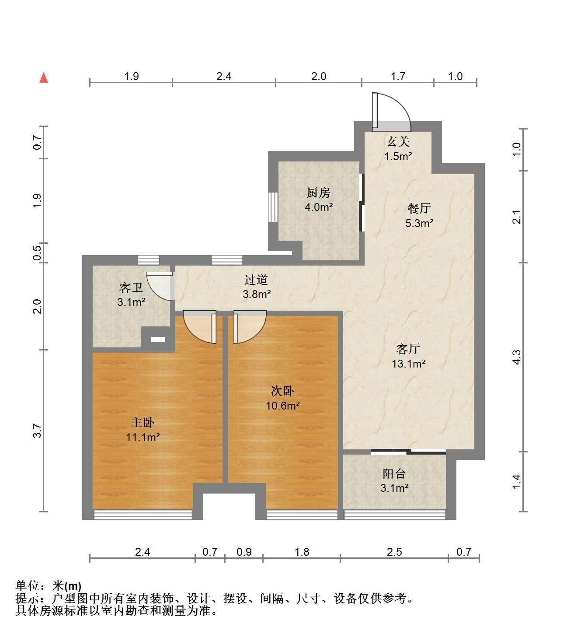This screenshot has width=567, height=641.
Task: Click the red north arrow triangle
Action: [x=44, y=78]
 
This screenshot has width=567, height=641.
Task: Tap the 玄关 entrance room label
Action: [x=398, y=141]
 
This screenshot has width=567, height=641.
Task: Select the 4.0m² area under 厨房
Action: [x=319, y=207]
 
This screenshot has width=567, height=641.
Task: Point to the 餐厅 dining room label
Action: [x=419, y=208]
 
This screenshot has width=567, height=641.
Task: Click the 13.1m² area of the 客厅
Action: [x=409, y=364]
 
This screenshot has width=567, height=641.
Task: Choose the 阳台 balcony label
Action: [x=394, y=473]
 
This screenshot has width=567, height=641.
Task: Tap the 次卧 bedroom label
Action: [x=282, y=391]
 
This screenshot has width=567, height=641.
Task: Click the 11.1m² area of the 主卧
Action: [x=143, y=437]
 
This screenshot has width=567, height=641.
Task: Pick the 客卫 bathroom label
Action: [x=131, y=287]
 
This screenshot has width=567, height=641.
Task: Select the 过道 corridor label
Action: [x=256, y=280]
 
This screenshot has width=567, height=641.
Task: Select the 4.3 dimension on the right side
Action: [x=516, y=357]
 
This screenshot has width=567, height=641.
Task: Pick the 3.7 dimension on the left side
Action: [x=37, y=431]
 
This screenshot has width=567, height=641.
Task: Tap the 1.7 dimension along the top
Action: [x=398, y=76]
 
